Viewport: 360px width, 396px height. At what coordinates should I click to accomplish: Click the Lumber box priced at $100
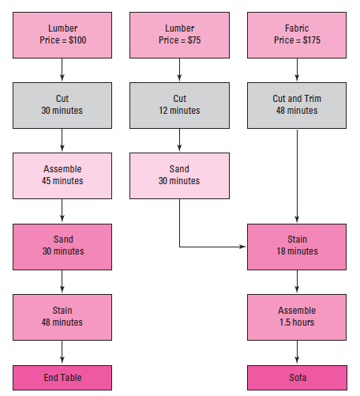coord(62,35)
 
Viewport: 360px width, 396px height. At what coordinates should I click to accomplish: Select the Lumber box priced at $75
coord(179,35)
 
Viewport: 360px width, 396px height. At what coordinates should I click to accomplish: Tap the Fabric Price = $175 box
coord(297,35)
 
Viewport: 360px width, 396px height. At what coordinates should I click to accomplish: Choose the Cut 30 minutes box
coord(62,105)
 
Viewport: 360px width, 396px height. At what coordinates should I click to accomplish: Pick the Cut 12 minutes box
coord(179,105)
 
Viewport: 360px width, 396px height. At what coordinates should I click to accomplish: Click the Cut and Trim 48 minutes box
coord(297,105)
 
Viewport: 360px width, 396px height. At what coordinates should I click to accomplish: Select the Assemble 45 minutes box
coord(62,175)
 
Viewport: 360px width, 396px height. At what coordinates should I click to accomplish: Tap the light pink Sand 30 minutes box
coord(179,175)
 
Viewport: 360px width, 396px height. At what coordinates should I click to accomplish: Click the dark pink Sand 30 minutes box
coord(62,246)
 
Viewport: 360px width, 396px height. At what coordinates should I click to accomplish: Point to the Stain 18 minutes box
coord(297,246)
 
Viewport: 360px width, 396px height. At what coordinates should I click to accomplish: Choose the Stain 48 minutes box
coord(62,316)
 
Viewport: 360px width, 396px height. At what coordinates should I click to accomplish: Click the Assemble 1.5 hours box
coord(297,316)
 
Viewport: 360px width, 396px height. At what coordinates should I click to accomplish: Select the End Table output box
coord(62,378)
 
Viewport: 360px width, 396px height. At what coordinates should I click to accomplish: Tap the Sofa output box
coord(297,378)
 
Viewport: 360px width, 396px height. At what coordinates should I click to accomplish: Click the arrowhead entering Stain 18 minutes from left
coord(242,247)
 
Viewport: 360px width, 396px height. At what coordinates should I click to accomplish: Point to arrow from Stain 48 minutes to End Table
coord(62,353)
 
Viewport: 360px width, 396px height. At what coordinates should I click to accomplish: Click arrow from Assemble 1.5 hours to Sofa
coord(297,353)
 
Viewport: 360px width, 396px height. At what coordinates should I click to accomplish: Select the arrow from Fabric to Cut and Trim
coord(297,70)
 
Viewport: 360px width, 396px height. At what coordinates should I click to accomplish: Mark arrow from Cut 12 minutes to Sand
coord(179,141)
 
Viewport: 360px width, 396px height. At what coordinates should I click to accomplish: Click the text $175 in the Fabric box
coord(309,40)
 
